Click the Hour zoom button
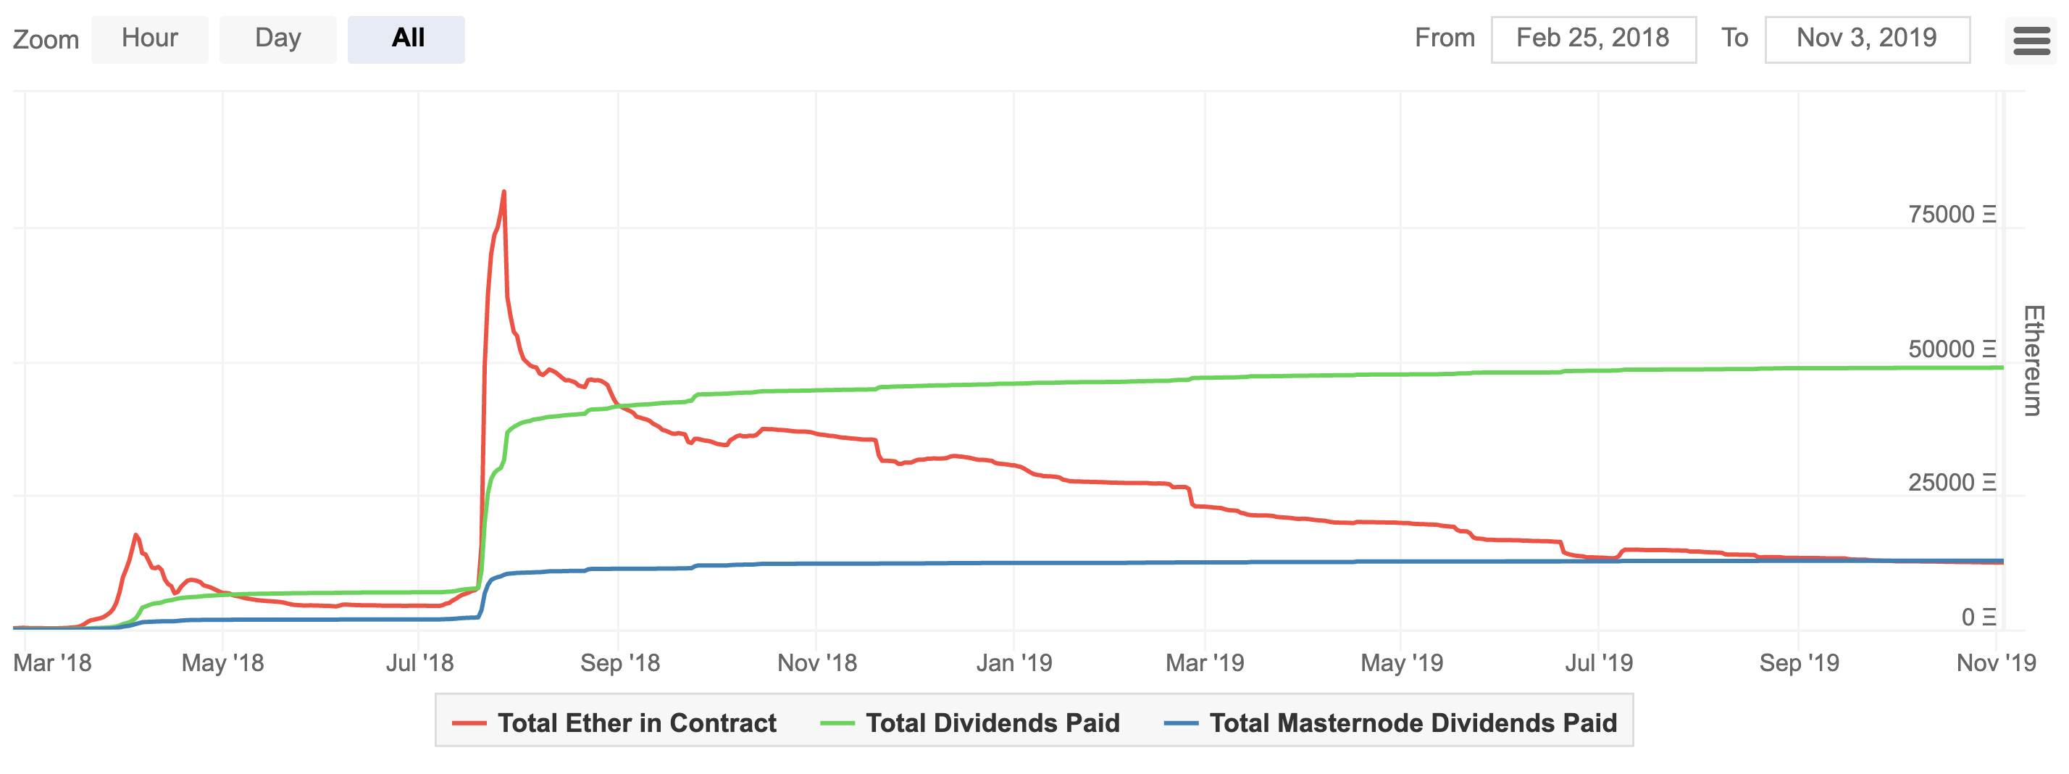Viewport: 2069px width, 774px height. pos(149,38)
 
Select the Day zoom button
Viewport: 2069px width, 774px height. pos(278,38)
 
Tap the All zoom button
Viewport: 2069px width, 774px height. pos(406,38)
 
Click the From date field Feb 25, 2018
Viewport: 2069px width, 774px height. pos(1593,38)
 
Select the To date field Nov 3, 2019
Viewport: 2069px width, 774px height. pos(1867,38)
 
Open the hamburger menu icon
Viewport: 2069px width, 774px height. pos(2031,40)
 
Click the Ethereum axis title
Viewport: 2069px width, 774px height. pos(2032,360)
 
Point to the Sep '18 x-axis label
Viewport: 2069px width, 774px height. pos(619,663)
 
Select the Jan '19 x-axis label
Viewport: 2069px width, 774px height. pos(1013,663)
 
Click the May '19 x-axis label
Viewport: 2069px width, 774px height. pos(1402,663)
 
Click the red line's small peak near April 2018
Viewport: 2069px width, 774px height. pos(135,535)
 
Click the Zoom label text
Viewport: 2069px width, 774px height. pos(46,39)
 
